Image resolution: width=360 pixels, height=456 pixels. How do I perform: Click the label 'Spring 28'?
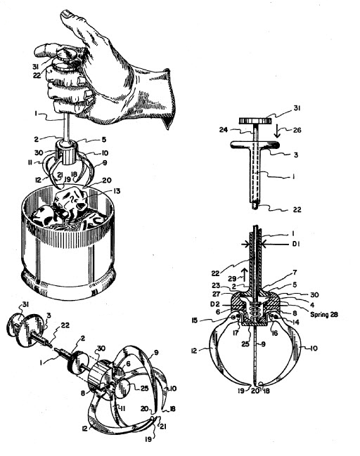click(324, 314)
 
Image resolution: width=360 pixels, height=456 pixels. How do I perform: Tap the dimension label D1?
click(296, 244)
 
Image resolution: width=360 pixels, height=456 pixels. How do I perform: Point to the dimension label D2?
click(222, 304)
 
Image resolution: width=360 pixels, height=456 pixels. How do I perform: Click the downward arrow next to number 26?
click(276, 131)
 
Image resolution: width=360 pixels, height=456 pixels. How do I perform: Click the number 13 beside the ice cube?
click(116, 191)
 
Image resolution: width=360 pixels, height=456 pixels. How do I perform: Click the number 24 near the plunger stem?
click(223, 129)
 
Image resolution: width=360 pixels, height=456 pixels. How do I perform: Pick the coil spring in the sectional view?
click(256, 312)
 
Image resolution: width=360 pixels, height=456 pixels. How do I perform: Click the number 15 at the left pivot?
click(194, 320)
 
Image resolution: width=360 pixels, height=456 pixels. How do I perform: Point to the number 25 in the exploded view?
click(145, 389)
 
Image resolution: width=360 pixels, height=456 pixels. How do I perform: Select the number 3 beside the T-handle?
click(296, 155)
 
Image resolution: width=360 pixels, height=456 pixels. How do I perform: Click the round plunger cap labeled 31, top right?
click(255, 120)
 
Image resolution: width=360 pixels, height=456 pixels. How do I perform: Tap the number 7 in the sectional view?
click(295, 273)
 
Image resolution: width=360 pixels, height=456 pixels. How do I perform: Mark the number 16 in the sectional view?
click(275, 333)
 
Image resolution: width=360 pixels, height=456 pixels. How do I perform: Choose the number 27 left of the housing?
click(216, 294)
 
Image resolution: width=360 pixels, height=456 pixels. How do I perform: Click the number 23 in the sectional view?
click(216, 285)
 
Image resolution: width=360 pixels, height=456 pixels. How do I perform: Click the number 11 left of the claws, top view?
click(30, 163)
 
